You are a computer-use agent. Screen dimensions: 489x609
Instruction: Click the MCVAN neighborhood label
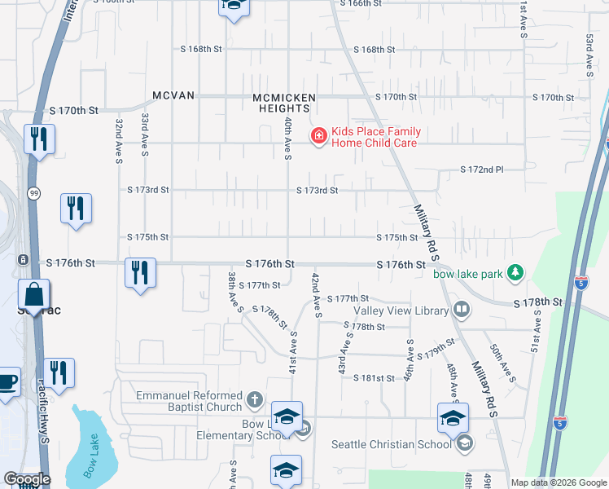[x=173, y=95]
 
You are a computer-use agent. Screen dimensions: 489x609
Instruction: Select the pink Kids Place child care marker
[x=319, y=136]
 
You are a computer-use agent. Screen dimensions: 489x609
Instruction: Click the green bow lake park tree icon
[x=515, y=273]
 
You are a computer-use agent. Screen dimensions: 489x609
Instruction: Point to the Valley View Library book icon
[x=462, y=310]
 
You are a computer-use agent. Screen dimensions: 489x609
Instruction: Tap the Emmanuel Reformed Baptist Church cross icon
[x=254, y=400]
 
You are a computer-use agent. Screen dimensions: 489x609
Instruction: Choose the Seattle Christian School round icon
[x=464, y=443]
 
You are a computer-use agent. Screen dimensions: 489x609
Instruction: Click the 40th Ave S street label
[x=287, y=138]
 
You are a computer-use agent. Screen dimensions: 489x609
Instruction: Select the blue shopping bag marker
[x=34, y=295]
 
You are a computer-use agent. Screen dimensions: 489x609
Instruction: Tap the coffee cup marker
[x=7, y=382]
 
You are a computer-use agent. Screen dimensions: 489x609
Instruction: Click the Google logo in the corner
[x=27, y=480]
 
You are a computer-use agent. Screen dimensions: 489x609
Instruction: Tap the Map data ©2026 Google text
[x=557, y=482]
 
